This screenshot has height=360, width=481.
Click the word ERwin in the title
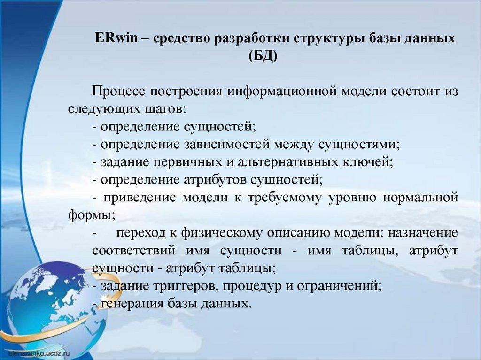(116, 38)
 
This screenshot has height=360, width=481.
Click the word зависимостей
(227, 144)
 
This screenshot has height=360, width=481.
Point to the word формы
(92, 215)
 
